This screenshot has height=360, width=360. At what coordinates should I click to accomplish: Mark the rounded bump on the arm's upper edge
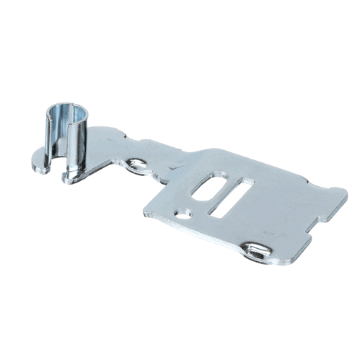coord(115,134)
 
